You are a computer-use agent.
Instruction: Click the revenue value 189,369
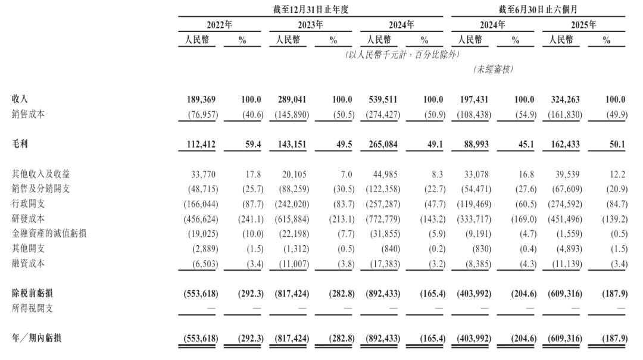pyautogui.click(x=202, y=100)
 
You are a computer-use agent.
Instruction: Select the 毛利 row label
pyautogui.click(x=20, y=144)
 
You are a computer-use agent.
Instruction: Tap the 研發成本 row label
pyautogui.click(x=28, y=218)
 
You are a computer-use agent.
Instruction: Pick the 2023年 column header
pyautogui.click(x=310, y=25)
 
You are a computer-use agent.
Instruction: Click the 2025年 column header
pyautogui.click(x=583, y=25)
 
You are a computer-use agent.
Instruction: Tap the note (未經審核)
pyautogui.click(x=493, y=70)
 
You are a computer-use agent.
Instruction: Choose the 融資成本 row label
pyautogui.click(x=28, y=263)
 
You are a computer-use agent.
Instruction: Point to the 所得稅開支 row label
pyautogui.click(x=32, y=308)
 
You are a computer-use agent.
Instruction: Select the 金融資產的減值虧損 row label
pyautogui.click(x=49, y=233)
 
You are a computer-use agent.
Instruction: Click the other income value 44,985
pyautogui.click(x=385, y=174)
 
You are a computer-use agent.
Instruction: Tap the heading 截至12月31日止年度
pyautogui.click(x=310, y=9)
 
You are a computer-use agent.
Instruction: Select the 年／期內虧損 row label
pyautogui.click(x=36, y=338)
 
